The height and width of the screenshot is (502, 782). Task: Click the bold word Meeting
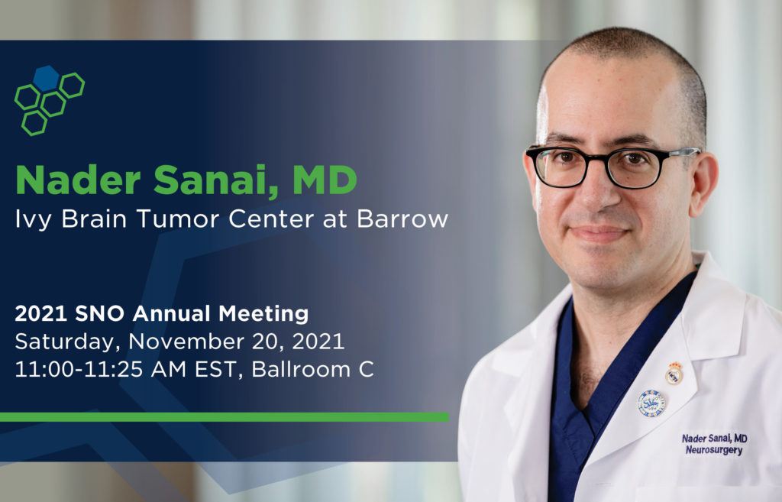(x=263, y=314)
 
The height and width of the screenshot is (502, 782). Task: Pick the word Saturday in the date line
(x=68, y=342)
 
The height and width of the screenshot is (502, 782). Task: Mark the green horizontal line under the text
(x=225, y=417)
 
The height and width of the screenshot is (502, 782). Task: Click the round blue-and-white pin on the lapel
(x=651, y=403)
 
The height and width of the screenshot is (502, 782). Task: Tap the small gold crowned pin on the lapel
(x=674, y=373)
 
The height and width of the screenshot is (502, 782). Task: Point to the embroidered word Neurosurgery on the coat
(x=714, y=450)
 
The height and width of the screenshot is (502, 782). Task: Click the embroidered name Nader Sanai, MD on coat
(x=714, y=438)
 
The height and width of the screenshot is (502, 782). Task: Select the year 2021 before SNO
(x=41, y=314)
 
